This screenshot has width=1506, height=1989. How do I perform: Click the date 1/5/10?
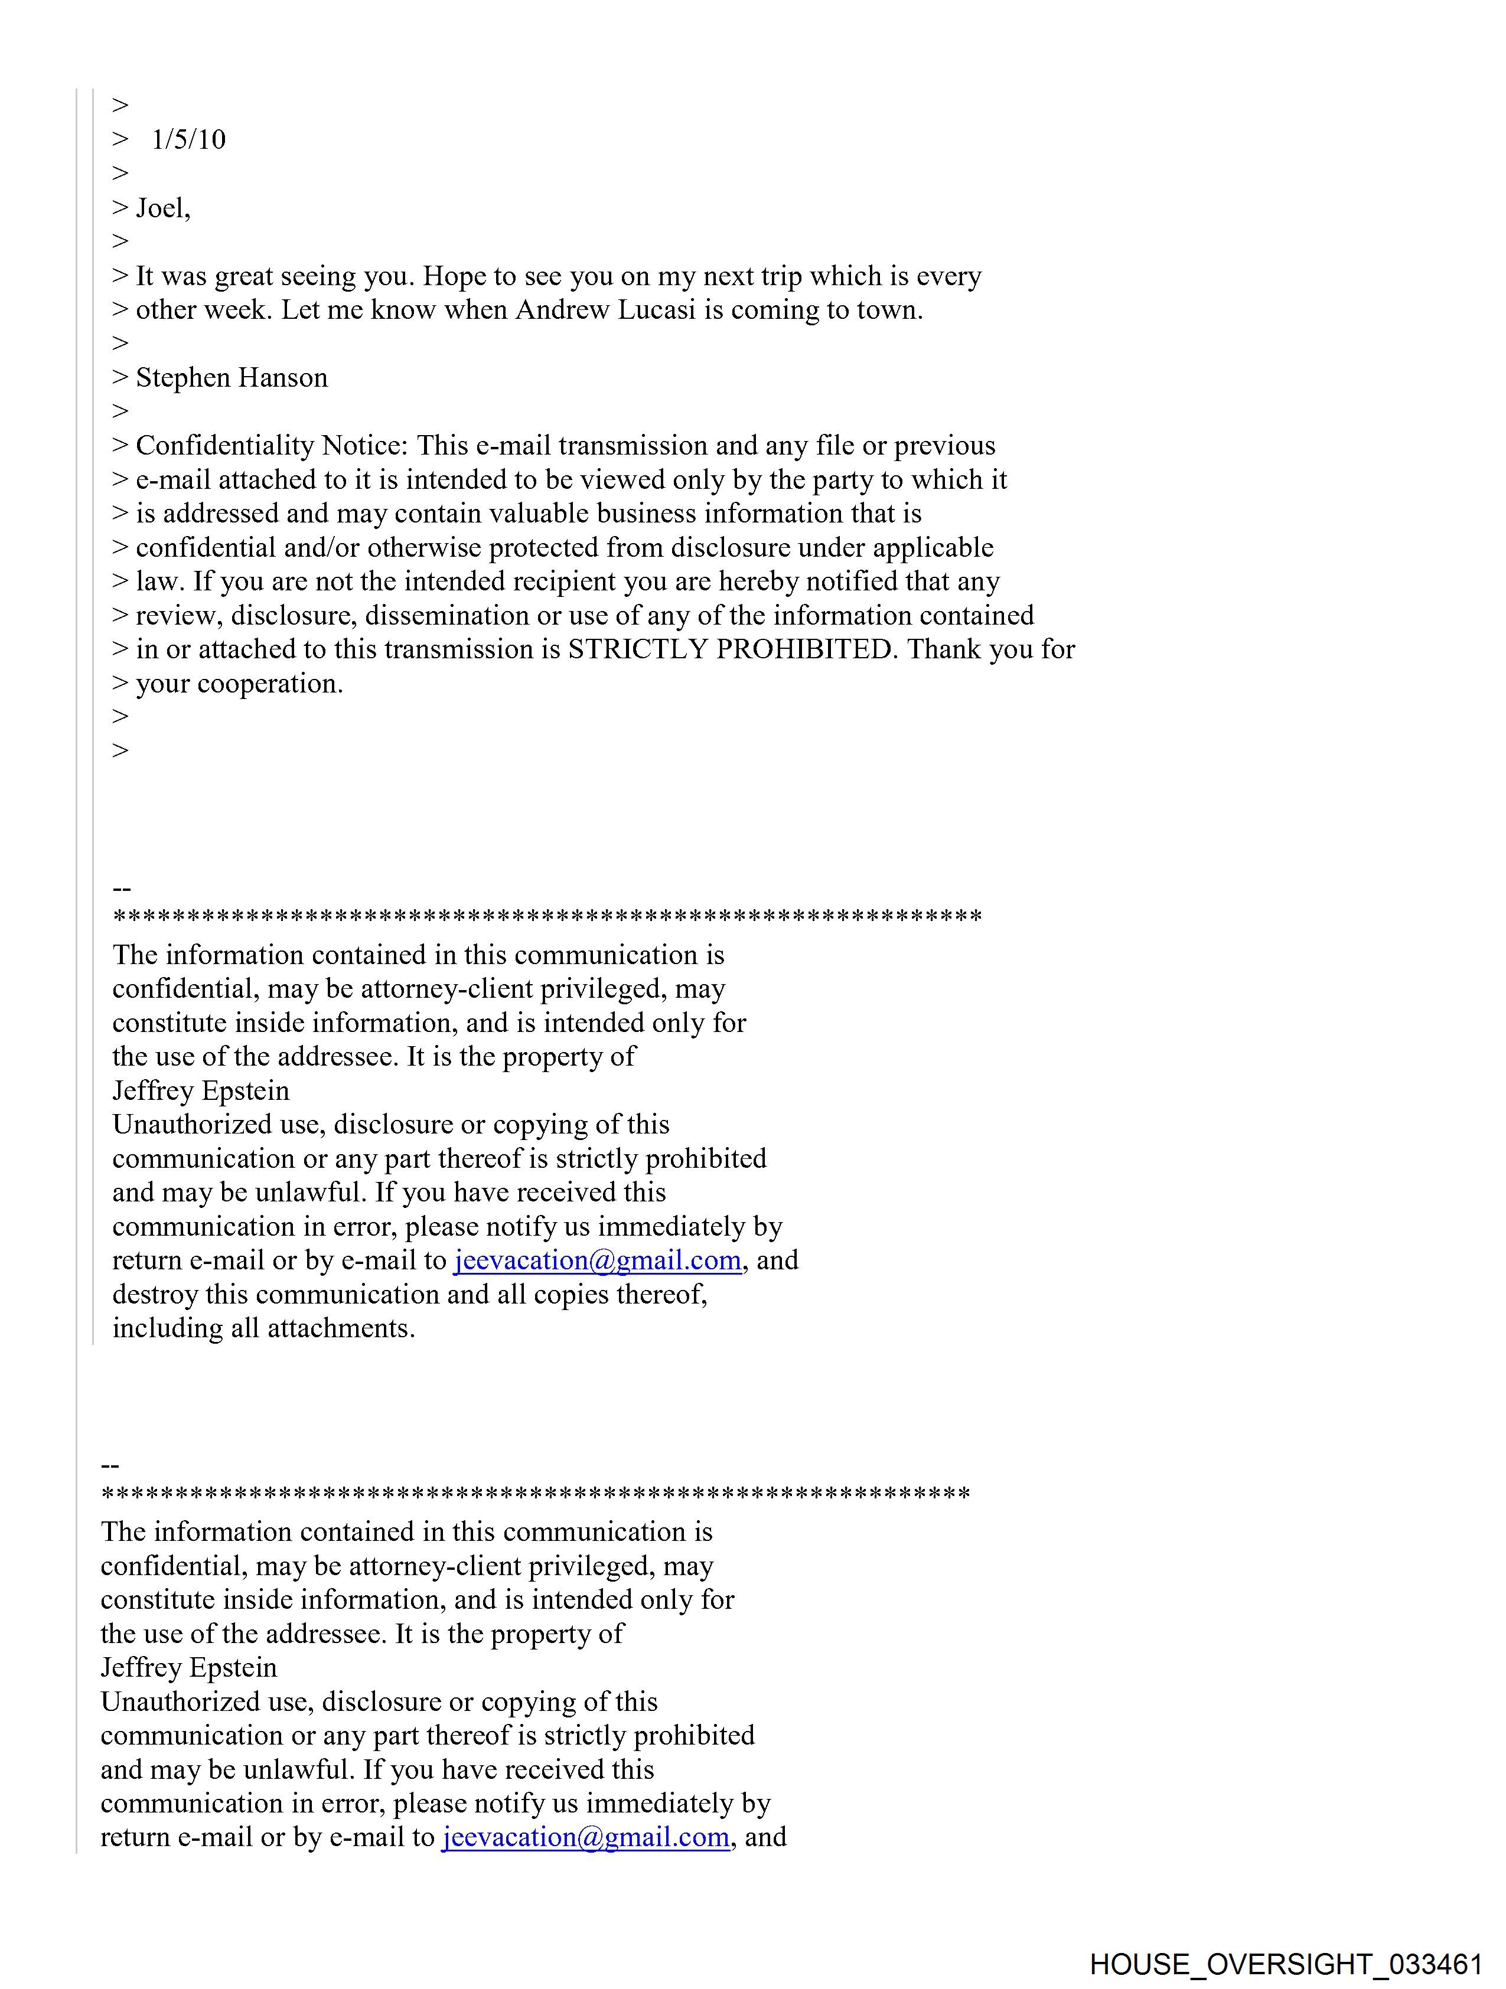pos(189,139)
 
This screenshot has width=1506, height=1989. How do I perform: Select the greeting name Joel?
pos(161,208)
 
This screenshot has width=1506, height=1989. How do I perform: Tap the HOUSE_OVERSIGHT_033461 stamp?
pos(1286,1963)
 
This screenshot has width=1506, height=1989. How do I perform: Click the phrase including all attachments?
pos(263,1328)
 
